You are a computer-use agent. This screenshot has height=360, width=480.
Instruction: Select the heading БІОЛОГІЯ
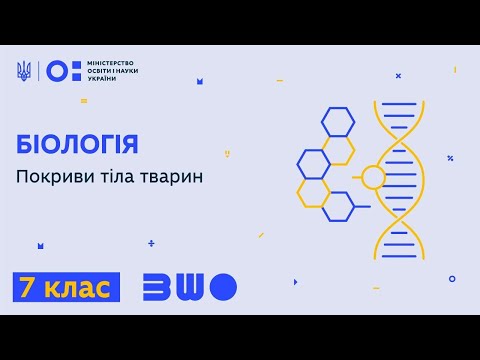78,144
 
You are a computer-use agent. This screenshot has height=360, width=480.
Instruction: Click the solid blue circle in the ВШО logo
225,286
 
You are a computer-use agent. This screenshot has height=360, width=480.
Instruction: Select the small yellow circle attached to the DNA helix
373,178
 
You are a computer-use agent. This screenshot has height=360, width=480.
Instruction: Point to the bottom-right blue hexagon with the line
338,206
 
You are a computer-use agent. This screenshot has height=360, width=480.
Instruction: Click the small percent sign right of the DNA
450,158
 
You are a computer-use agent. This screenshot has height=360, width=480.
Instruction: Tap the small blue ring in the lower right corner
452,279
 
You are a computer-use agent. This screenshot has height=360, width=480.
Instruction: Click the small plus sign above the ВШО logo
151,243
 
